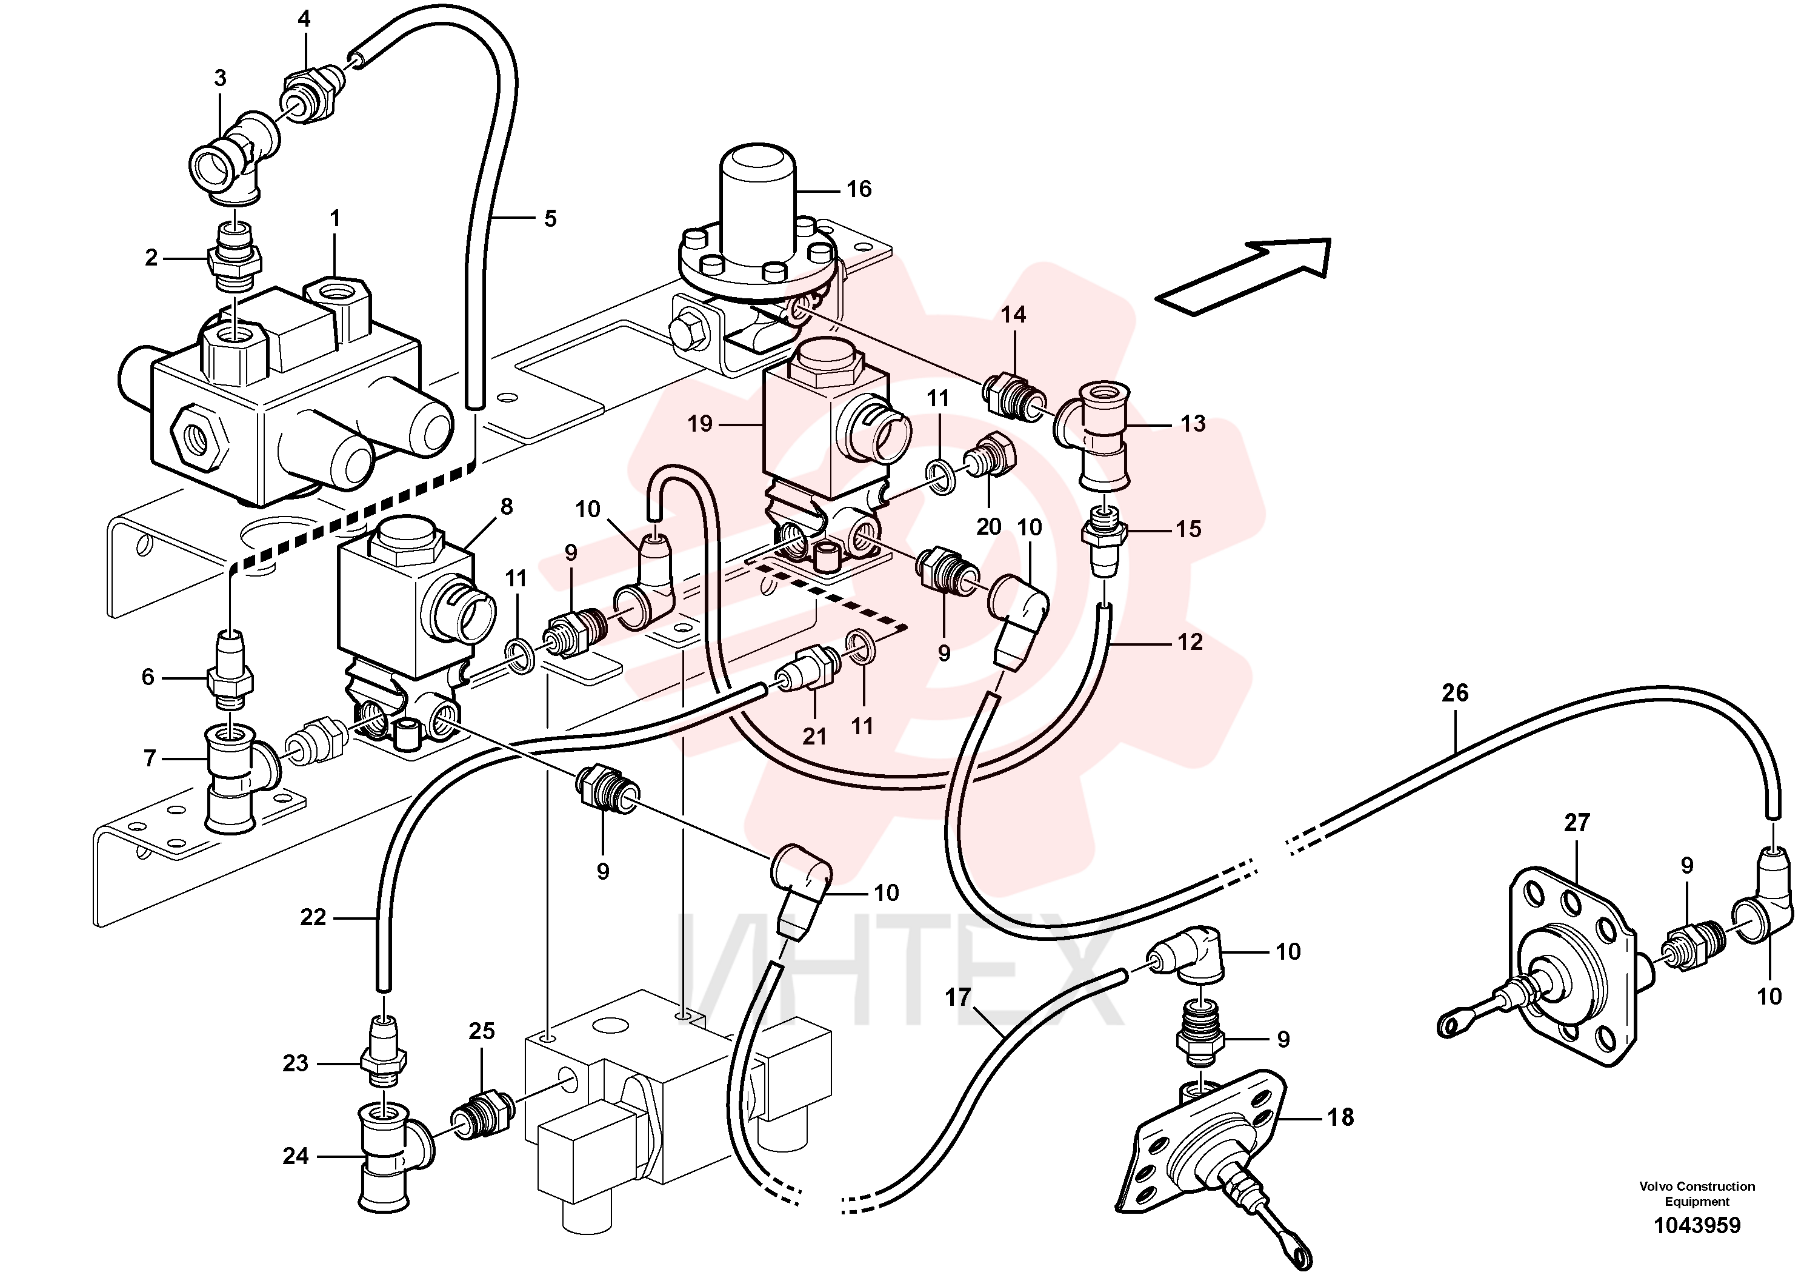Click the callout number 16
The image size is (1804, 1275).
[859, 189]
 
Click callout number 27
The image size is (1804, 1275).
[1577, 823]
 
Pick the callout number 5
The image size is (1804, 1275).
[550, 218]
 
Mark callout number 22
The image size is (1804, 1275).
[313, 917]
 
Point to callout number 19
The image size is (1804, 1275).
[699, 424]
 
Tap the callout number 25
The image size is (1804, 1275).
[482, 1031]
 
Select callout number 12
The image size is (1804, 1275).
[1190, 642]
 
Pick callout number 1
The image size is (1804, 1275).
[336, 218]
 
